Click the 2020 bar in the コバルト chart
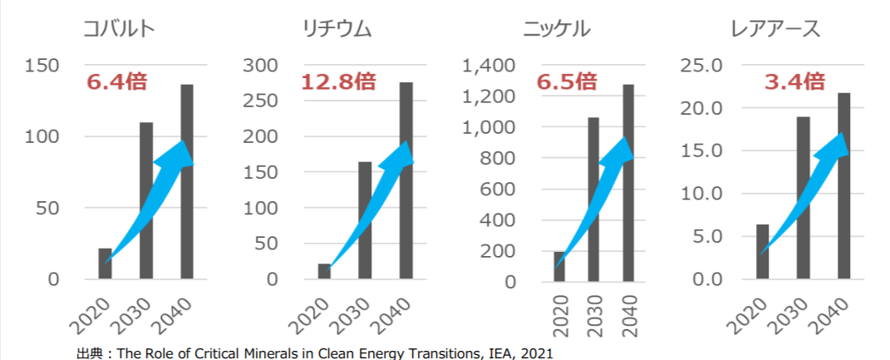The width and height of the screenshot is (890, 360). (x=105, y=264)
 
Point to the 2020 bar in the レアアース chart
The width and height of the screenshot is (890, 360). (x=762, y=251)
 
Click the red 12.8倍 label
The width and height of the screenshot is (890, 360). (x=338, y=81)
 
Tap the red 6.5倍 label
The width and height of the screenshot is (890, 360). (x=567, y=81)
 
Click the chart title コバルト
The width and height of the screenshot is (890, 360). (x=120, y=30)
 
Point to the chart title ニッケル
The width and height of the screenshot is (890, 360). (x=557, y=30)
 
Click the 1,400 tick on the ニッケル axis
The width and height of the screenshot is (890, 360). (x=491, y=66)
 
